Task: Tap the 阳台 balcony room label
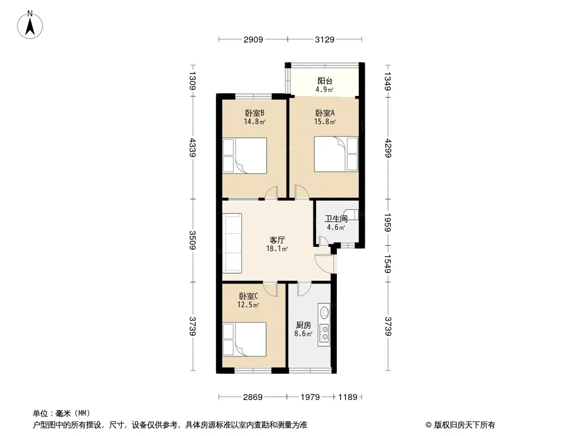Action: [x=325, y=81]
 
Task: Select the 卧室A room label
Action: [x=325, y=113]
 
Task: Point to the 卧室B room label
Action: [x=254, y=113]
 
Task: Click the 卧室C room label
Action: [x=248, y=296]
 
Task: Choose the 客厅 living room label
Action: [x=277, y=240]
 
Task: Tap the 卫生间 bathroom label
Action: [x=336, y=219]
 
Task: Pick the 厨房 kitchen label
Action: [x=303, y=325]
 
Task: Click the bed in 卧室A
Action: [x=336, y=154]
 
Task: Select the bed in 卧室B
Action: [x=245, y=156]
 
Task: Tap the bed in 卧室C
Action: [x=244, y=340]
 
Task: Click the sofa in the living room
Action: [x=232, y=243]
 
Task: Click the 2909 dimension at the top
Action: [x=253, y=39]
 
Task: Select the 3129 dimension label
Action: [x=325, y=39]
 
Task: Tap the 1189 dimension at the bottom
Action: [x=348, y=397]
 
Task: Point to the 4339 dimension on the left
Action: [x=192, y=147]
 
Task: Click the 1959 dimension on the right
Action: [x=388, y=222]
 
